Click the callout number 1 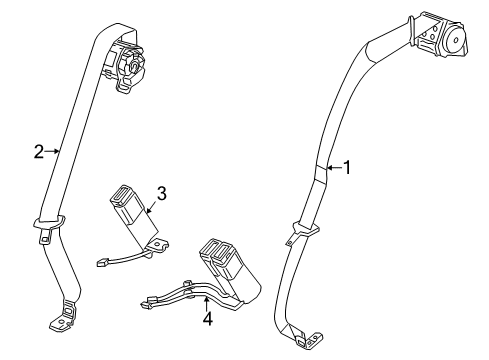pos(348,168)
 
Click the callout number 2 pos(38,152)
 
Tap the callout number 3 pos(159,192)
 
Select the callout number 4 pos(208,319)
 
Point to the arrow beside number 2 pos(53,152)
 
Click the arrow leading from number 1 pos(333,168)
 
